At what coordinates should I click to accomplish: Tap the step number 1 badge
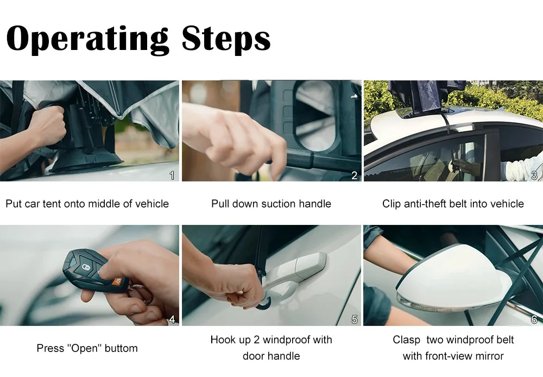tap(172, 175)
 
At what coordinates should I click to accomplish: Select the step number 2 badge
tap(354, 175)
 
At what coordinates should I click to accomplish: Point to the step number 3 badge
tap(534, 175)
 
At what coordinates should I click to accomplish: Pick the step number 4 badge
tap(172, 319)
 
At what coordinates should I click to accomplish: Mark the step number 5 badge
tap(354, 319)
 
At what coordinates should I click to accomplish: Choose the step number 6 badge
tap(534, 319)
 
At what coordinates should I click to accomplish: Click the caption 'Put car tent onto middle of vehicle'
tap(87, 204)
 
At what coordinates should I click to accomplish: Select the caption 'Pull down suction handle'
tap(271, 204)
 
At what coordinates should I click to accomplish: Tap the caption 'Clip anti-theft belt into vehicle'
tap(453, 204)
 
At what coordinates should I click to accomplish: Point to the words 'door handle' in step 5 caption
tap(271, 356)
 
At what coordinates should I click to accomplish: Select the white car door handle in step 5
tap(293, 272)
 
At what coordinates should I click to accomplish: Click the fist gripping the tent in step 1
tap(46, 122)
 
